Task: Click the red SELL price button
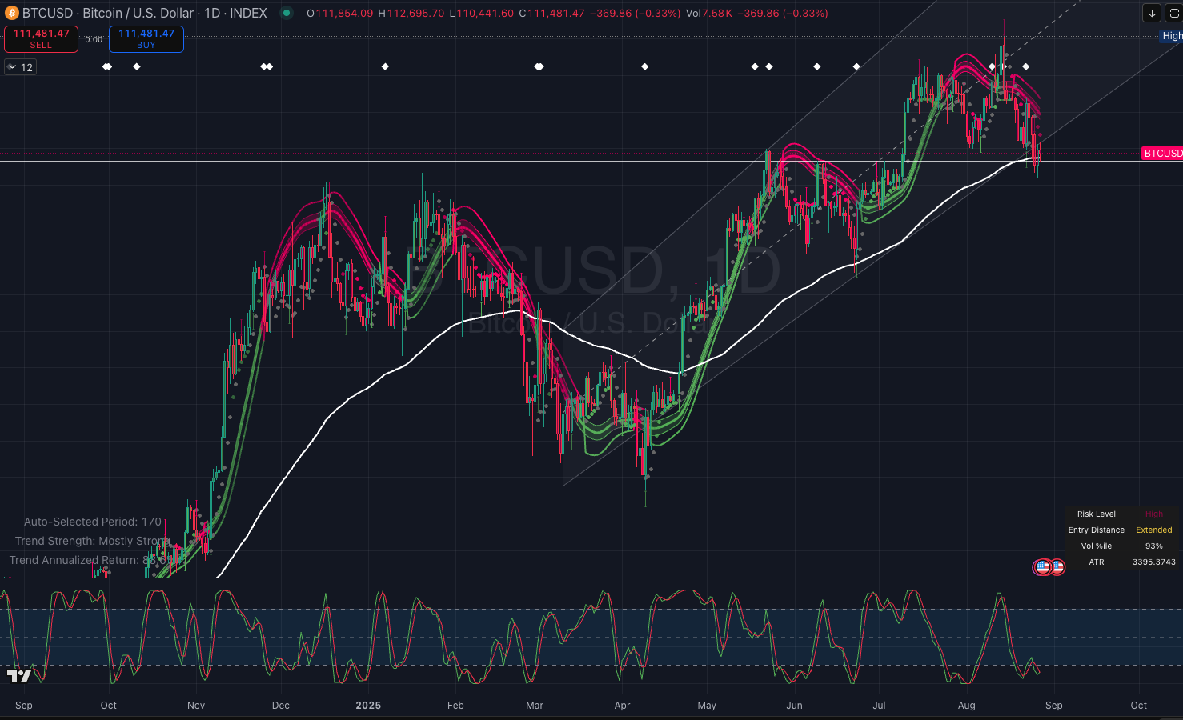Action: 41,38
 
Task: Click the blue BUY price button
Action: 146,38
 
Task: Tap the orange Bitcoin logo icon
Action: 11,13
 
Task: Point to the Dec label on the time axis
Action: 280,705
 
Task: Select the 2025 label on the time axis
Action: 368,705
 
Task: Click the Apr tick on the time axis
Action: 622,705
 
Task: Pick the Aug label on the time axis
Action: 967,705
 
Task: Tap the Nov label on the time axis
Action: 196,705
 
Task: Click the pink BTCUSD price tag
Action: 1162,154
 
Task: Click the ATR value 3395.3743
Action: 1153,562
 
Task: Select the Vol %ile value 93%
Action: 1153,546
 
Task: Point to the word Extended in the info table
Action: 1153,530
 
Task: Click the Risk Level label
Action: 1096,514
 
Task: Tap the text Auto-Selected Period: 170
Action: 92,522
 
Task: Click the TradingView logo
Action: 19,676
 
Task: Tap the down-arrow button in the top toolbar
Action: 1151,13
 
